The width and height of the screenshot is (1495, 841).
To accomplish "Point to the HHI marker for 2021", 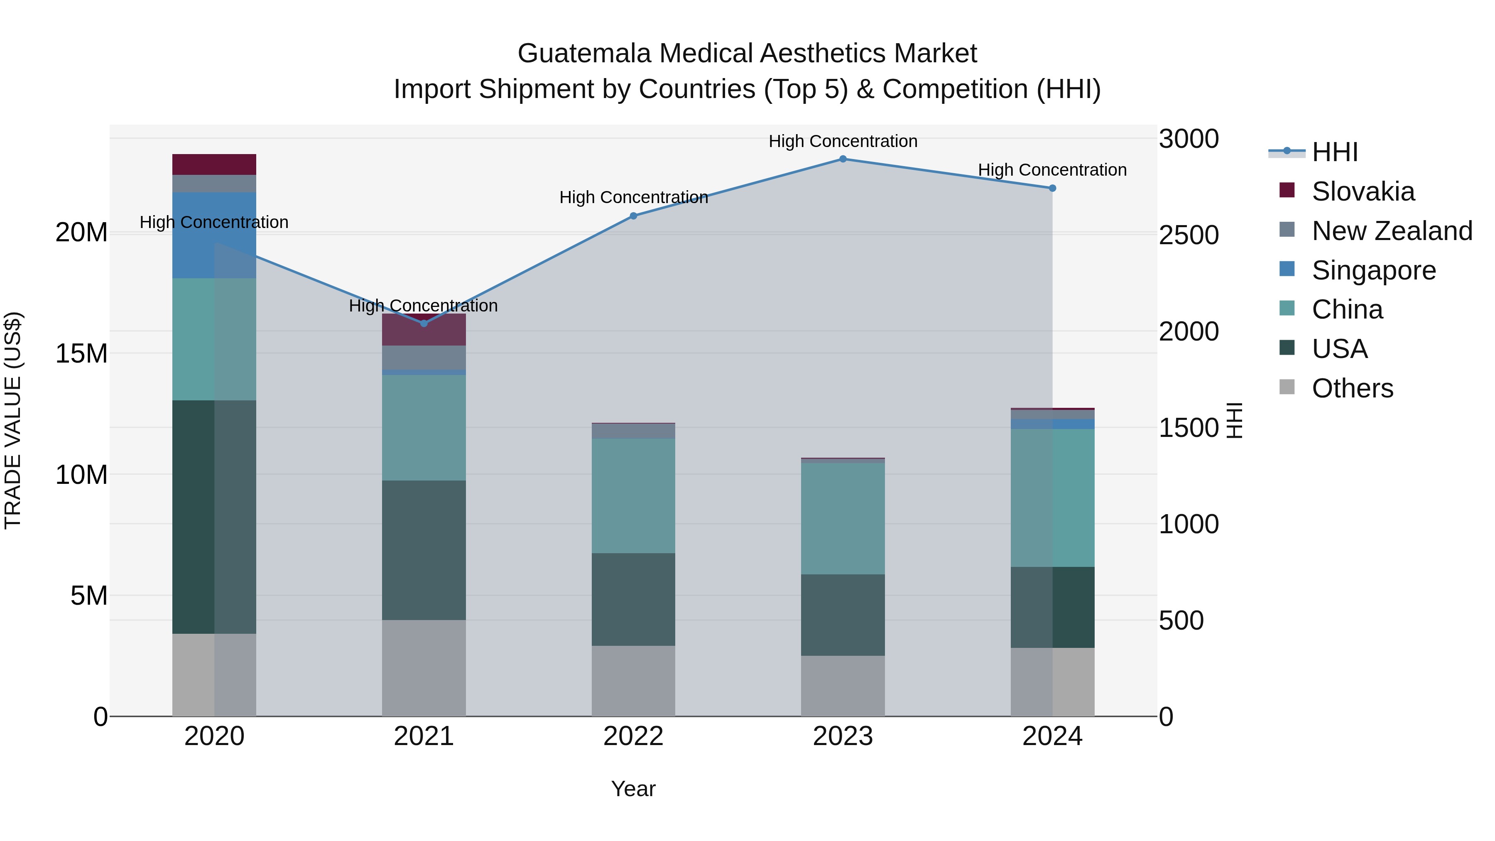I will (424, 323).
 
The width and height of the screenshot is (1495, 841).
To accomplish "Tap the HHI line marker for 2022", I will (633, 216).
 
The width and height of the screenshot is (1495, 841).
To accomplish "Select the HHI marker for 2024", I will (1052, 188).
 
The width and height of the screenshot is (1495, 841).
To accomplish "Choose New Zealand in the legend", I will (1391, 231).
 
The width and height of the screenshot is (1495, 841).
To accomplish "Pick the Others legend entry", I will (1352, 388).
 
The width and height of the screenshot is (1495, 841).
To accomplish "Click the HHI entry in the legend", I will (1334, 152).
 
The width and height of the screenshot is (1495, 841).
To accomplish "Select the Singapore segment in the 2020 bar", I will (214, 235).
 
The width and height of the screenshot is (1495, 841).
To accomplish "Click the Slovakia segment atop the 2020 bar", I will (214, 164).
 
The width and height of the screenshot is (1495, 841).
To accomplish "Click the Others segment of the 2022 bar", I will (633, 680).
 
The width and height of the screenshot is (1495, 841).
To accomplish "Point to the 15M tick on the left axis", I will (81, 353).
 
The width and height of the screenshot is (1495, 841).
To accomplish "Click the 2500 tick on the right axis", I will (1188, 235).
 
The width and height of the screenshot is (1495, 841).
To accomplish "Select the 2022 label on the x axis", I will (633, 736).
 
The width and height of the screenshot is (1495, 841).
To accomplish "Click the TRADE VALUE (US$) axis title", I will (13, 420).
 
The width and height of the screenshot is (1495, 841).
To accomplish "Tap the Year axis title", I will (633, 789).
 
